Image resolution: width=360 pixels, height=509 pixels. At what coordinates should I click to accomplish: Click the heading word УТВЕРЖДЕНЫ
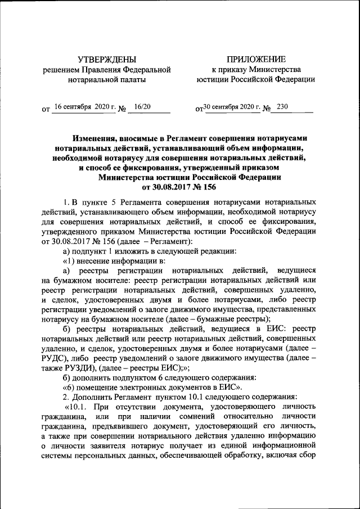pos(107,60)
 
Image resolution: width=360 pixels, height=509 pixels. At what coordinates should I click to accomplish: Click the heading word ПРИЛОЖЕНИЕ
pos(256,60)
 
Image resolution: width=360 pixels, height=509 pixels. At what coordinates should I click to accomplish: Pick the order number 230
pos(282,106)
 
